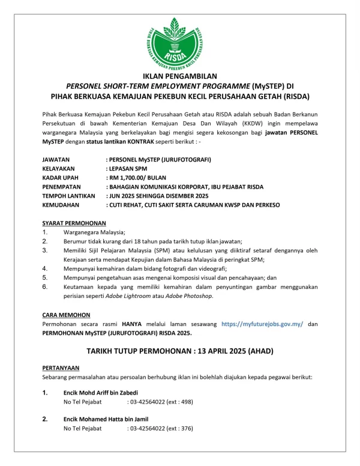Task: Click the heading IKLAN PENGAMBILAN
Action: point(179,76)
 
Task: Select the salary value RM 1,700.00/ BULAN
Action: point(138,178)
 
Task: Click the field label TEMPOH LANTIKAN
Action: point(69,196)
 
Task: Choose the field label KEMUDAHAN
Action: point(62,205)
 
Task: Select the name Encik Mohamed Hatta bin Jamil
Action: point(106,419)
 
